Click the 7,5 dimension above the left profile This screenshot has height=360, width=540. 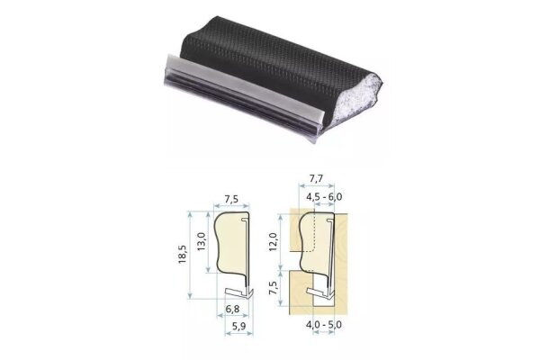click(x=231, y=199)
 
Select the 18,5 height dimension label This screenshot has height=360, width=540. click(x=182, y=254)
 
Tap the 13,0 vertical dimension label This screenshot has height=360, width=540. click(x=202, y=242)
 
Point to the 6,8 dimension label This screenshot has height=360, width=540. click(x=232, y=309)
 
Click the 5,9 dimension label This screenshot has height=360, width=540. click(x=239, y=326)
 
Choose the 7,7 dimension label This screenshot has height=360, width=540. click(x=316, y=178)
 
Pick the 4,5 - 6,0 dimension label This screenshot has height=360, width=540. click(x=324, y=197)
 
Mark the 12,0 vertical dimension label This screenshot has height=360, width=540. click(x=273, y=242)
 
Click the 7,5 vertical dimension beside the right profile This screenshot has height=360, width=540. click(x=273, y=288)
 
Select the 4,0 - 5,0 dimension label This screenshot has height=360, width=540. click(x=324, y=325)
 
